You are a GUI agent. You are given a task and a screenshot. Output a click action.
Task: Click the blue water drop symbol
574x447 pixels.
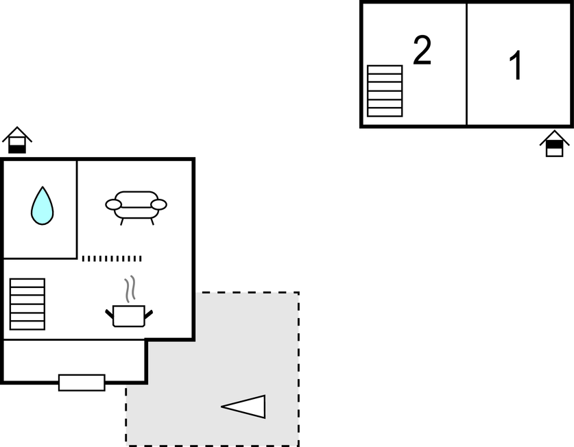42,207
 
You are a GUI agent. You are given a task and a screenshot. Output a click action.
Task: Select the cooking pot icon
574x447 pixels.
129,315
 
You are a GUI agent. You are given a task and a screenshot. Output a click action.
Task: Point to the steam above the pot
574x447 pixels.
130,289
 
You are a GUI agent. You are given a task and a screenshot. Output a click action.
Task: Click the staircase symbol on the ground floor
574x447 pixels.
27,304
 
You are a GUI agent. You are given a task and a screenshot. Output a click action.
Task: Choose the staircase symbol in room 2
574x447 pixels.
385,90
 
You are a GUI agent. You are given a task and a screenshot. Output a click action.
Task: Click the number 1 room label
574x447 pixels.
516,67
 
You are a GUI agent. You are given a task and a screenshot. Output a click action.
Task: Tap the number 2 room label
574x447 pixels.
422,51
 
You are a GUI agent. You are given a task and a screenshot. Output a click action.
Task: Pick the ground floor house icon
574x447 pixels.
17,141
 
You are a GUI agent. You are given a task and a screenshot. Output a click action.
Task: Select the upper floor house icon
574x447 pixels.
554,144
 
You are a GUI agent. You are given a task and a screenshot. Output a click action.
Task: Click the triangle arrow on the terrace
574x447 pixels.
245,407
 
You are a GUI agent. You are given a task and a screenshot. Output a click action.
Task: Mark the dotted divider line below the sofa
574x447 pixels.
112,258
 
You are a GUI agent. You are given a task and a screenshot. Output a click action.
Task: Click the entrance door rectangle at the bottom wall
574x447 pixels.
82,383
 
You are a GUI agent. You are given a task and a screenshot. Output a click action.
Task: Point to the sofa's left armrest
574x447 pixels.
113,204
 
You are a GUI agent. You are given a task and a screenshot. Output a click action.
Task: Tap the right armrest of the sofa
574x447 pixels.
158,204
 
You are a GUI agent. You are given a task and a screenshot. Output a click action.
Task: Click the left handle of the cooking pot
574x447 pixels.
109,314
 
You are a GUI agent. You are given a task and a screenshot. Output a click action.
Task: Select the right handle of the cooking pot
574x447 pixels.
148,314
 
